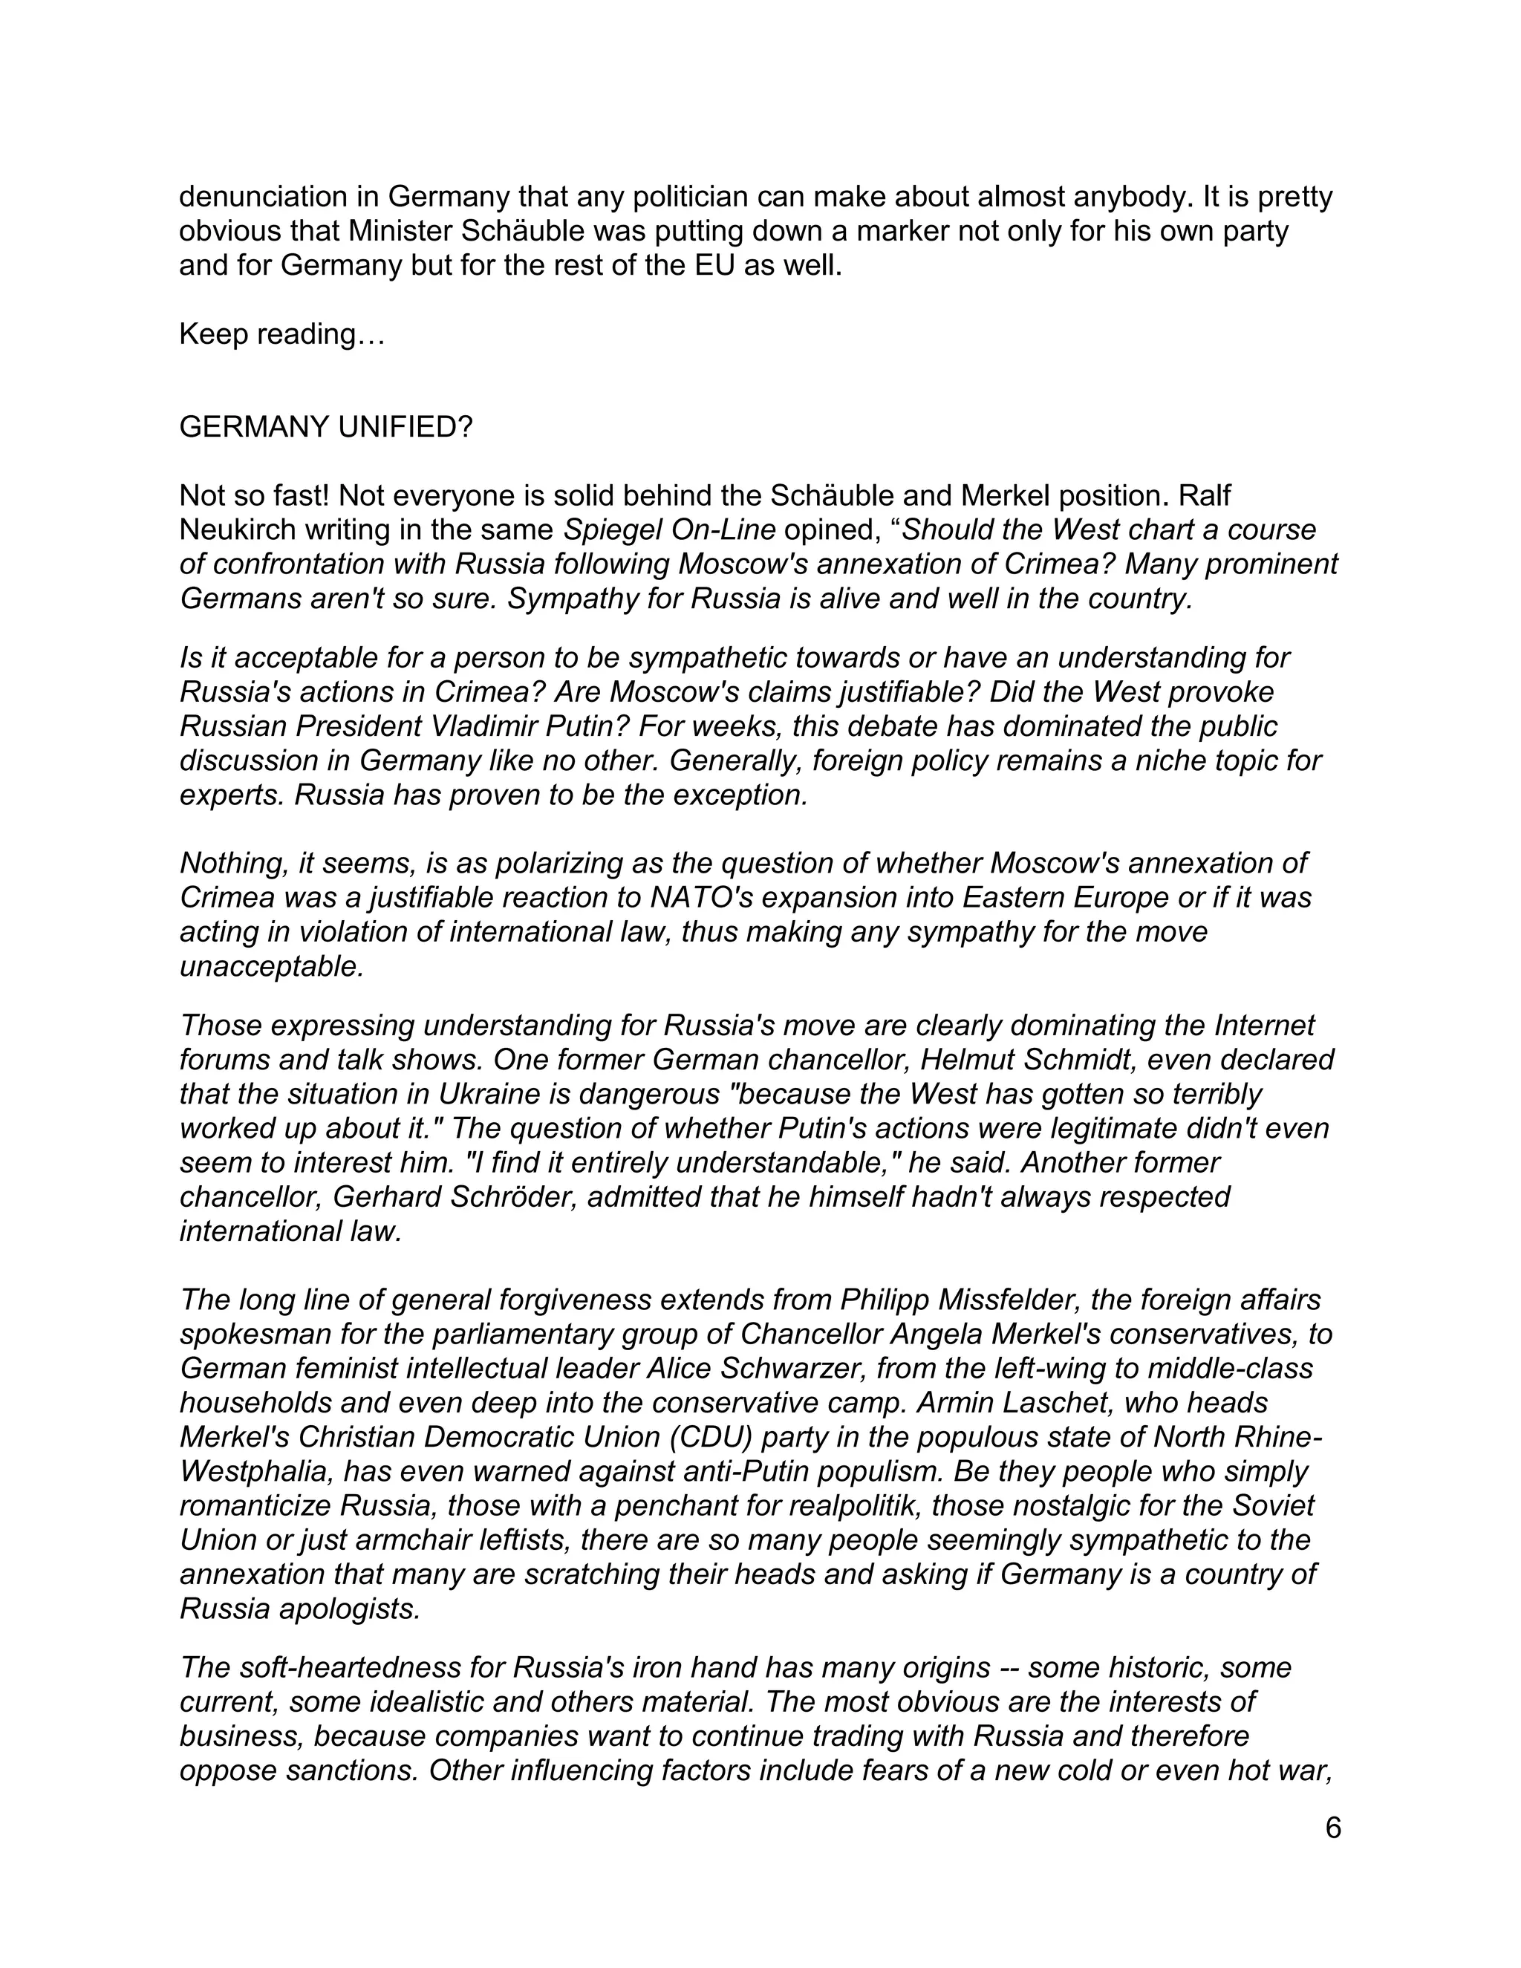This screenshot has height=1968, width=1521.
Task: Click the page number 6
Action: (x=1332, y=1828)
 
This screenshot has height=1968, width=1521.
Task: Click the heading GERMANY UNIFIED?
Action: (x=325, y=427)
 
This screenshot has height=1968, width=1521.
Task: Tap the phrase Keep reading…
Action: (x=282, y=334)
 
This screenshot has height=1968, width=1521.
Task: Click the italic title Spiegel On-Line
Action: (x=668, y=530)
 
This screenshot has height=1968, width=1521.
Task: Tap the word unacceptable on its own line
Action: (x=271, y=966)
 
